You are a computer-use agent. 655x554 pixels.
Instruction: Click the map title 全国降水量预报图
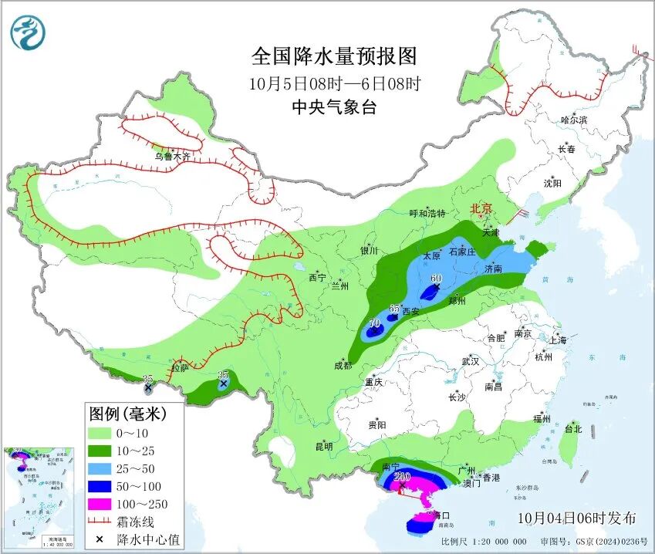(333, 56)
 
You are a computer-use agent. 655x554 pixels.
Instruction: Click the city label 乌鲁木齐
(171, 157)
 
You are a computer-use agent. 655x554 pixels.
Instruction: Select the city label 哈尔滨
(574, 120)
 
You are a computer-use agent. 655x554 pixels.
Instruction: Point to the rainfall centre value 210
(401, 477)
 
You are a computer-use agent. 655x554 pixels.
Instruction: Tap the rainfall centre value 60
(436, 279)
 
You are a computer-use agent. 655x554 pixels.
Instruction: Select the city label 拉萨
(180, 369)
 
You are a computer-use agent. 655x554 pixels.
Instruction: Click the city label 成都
(342, 365)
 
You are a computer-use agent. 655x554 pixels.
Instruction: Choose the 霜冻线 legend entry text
(137, 522)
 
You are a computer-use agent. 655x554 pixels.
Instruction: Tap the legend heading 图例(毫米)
(127, 414)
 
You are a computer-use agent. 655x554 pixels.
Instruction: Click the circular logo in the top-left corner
(28, 32)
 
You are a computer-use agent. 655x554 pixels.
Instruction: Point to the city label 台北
(573, 428)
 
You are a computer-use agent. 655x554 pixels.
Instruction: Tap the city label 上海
(558, 340)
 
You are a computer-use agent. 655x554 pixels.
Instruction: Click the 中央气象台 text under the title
(333, 107)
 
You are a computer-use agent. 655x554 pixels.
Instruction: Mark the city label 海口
(441, 515)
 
